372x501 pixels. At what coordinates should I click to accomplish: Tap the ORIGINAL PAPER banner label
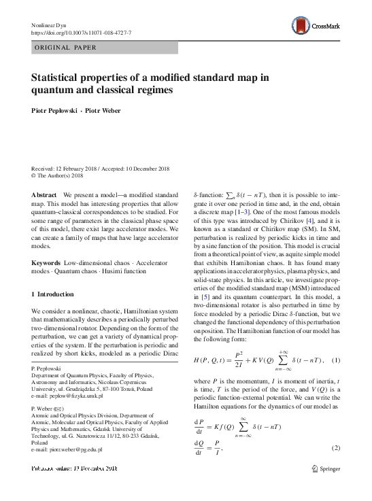(66, 48)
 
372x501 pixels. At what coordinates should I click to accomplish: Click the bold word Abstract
(44, 194)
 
